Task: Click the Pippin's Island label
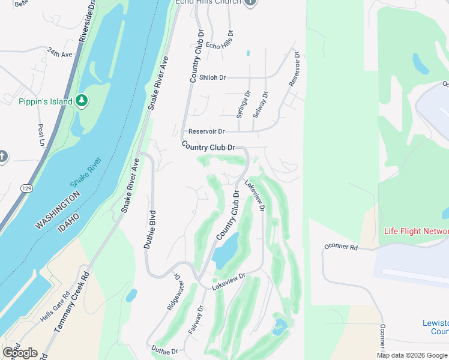click(x=45, y=101)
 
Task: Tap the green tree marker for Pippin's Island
click(x=82, y=101)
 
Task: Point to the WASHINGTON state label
click(x=58, y=211)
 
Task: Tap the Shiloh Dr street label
click(x=212, y=77)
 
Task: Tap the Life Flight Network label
click(x=416, y=232)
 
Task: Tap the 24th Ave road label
click(x=59, y=53)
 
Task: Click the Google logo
click(x=20, y=353)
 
